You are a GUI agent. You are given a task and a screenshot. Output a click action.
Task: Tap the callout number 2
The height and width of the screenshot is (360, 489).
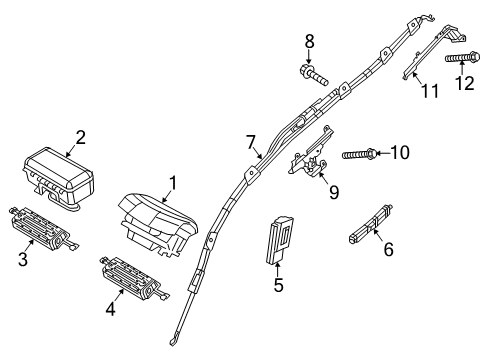80,137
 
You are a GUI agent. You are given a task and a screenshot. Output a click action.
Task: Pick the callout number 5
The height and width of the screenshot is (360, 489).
279,286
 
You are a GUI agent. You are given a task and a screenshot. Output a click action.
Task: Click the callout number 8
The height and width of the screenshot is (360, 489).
309,41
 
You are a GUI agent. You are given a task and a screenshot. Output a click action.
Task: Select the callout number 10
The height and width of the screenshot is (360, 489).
401,153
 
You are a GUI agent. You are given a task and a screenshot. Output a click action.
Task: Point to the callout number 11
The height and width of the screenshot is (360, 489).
430,92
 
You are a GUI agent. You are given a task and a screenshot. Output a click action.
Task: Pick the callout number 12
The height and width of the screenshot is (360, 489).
463,84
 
